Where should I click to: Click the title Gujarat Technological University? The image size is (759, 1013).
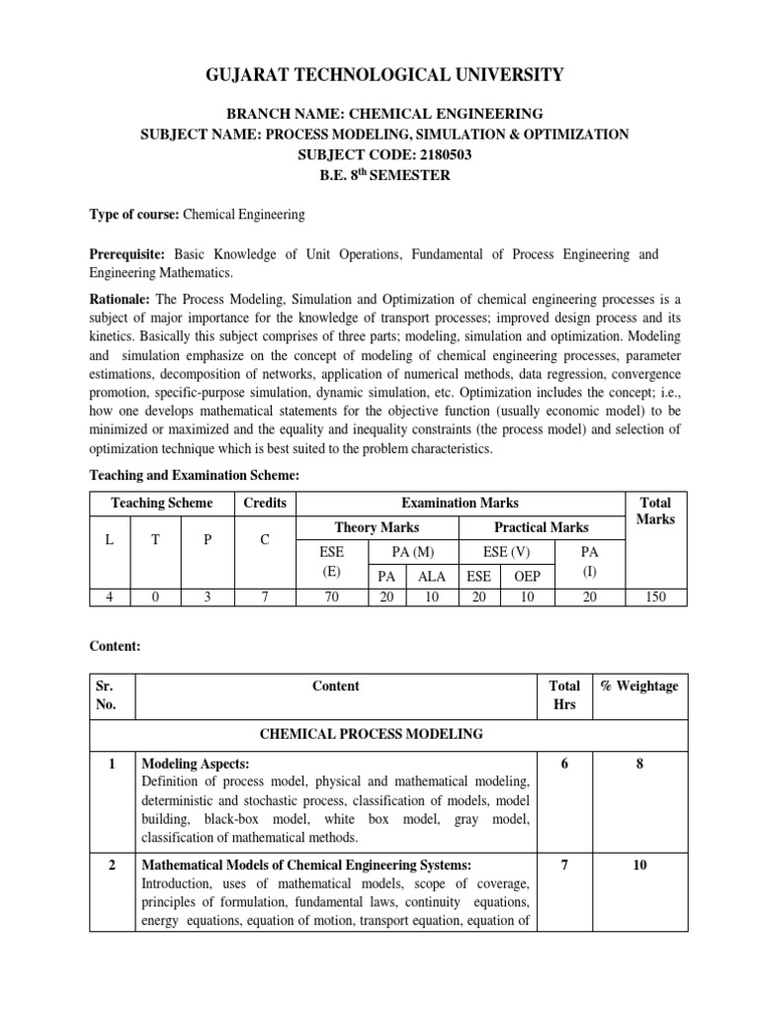pos(384,74)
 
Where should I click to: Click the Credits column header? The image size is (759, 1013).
pos(265,503)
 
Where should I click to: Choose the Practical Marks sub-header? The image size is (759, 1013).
pos(542,527)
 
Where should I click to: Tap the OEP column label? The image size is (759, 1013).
pos(527,574)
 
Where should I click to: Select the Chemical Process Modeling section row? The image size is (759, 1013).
pos(384,733)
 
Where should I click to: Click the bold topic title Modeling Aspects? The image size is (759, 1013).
pos(194,765)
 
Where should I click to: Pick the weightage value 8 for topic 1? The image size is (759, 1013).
pos(639,765)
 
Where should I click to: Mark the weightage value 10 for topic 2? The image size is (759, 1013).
pos(639,865)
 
